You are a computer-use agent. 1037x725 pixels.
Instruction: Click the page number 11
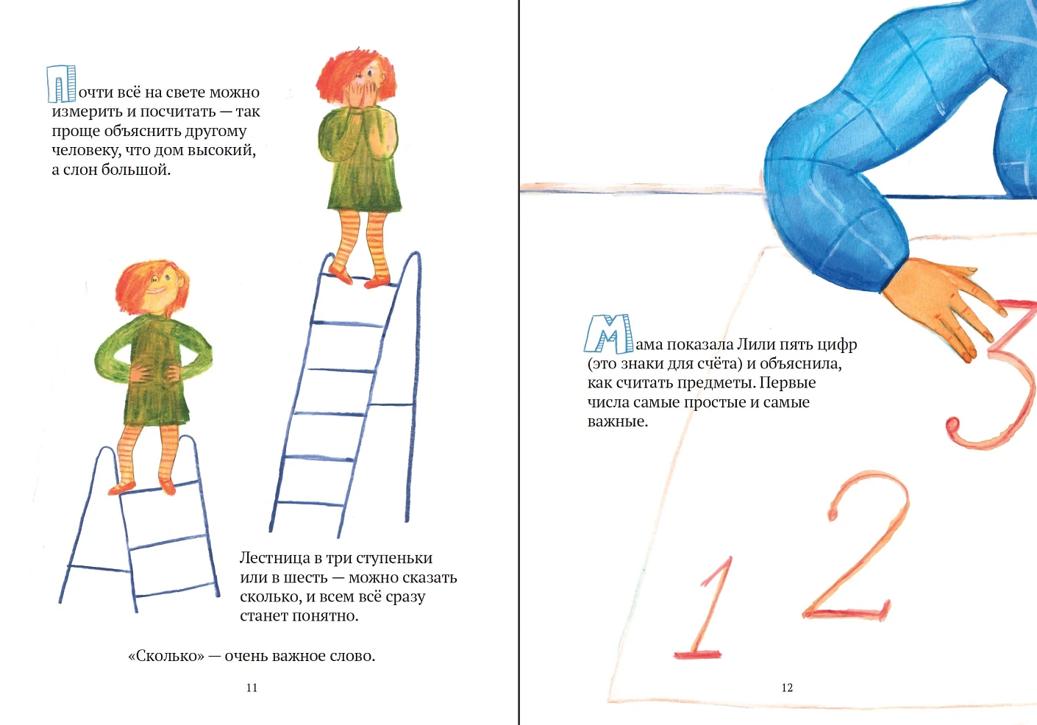[252, 687]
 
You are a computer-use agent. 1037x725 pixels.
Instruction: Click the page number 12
[787, 687]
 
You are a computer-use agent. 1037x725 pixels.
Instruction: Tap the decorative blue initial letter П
[61, 84]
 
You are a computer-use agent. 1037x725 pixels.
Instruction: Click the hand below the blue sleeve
[944, 306]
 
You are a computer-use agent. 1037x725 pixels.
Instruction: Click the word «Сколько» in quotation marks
[166, 656]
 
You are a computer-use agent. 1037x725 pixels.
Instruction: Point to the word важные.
[618, 422]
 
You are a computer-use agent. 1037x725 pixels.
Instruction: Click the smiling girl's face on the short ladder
[160, 287]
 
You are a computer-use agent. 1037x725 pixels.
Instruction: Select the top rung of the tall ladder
[359, 279]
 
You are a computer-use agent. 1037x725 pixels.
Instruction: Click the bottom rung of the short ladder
[177, 590]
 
